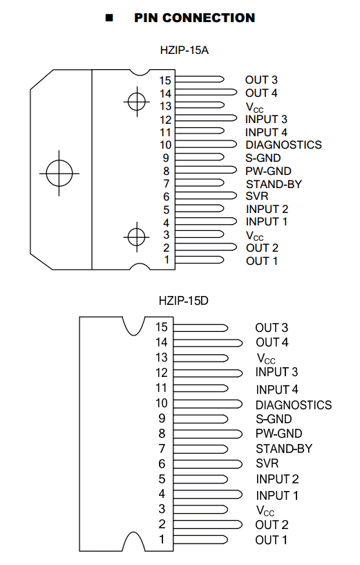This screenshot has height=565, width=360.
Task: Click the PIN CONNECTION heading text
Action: pos(194,18)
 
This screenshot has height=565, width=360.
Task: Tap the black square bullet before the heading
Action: pos(109,18)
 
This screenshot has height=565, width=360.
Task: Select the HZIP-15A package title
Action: pos(184,50)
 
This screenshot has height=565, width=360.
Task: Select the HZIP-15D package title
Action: pos(184,301)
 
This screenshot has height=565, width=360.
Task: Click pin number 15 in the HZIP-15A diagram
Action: pos(165,80)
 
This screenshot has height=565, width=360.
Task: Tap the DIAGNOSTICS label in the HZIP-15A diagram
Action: pos(284,145)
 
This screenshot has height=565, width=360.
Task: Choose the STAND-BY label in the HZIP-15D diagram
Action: pos(284,449)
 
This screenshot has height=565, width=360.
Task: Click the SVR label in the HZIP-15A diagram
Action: pos(257,196)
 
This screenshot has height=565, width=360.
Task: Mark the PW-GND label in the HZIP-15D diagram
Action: pos(279,434)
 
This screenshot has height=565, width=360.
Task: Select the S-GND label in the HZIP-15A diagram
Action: pos(263,158)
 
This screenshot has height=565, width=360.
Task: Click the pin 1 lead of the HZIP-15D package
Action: pos(200,539)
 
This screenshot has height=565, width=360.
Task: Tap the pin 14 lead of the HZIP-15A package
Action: pos(206,92)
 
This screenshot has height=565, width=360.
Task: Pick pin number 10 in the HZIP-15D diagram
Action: pos(161,403)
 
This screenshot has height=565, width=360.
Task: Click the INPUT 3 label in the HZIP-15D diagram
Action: pos(277,372)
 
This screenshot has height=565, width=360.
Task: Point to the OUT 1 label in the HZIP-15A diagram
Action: pos(262,261)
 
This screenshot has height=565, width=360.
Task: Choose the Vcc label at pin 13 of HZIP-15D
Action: pos(266,358)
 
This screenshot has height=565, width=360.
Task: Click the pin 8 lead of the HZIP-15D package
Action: pos(208,434)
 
